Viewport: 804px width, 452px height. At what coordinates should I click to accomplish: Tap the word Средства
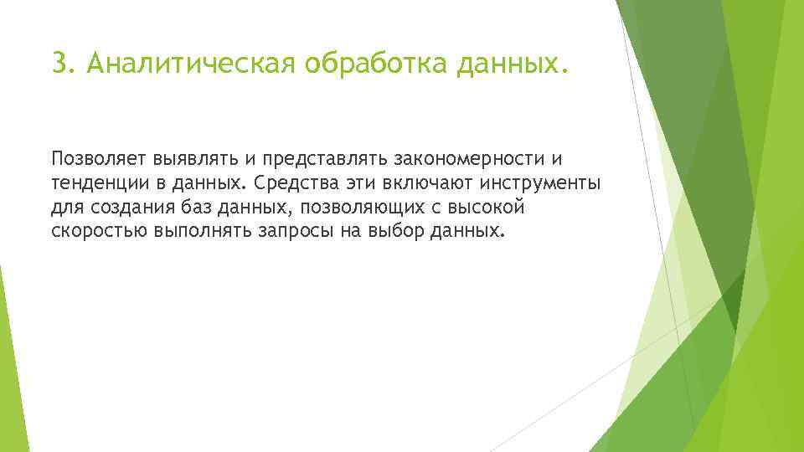pos(290,183)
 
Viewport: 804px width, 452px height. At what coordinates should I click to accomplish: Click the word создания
pos(125,207)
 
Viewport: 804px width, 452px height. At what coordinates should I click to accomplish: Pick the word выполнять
pos(195,230)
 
